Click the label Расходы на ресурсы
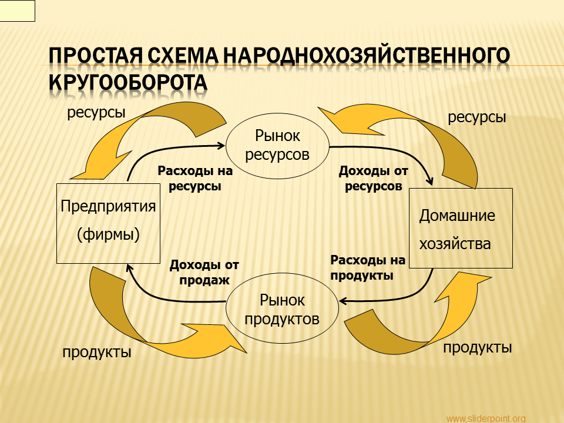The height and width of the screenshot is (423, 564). pos(195,179)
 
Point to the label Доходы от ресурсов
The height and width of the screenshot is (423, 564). pos(374,179)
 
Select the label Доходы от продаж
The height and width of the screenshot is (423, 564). pos(204,272)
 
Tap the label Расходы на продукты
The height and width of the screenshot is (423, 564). pos(368,268)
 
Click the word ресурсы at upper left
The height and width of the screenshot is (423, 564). pos(96,113)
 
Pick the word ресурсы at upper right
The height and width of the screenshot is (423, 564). pos(476,117)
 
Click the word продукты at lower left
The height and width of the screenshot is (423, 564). pos(97,352)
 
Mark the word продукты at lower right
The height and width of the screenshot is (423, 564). pos(477,347)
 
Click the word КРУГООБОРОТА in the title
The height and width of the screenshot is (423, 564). pos(128,82)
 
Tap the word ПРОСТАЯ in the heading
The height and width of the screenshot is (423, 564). pos(95,55)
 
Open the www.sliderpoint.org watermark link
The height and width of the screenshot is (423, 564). pos(486,418)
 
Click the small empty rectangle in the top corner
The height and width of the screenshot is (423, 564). pos(17,11)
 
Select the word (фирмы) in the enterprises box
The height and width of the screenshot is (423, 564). pos(108,234)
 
